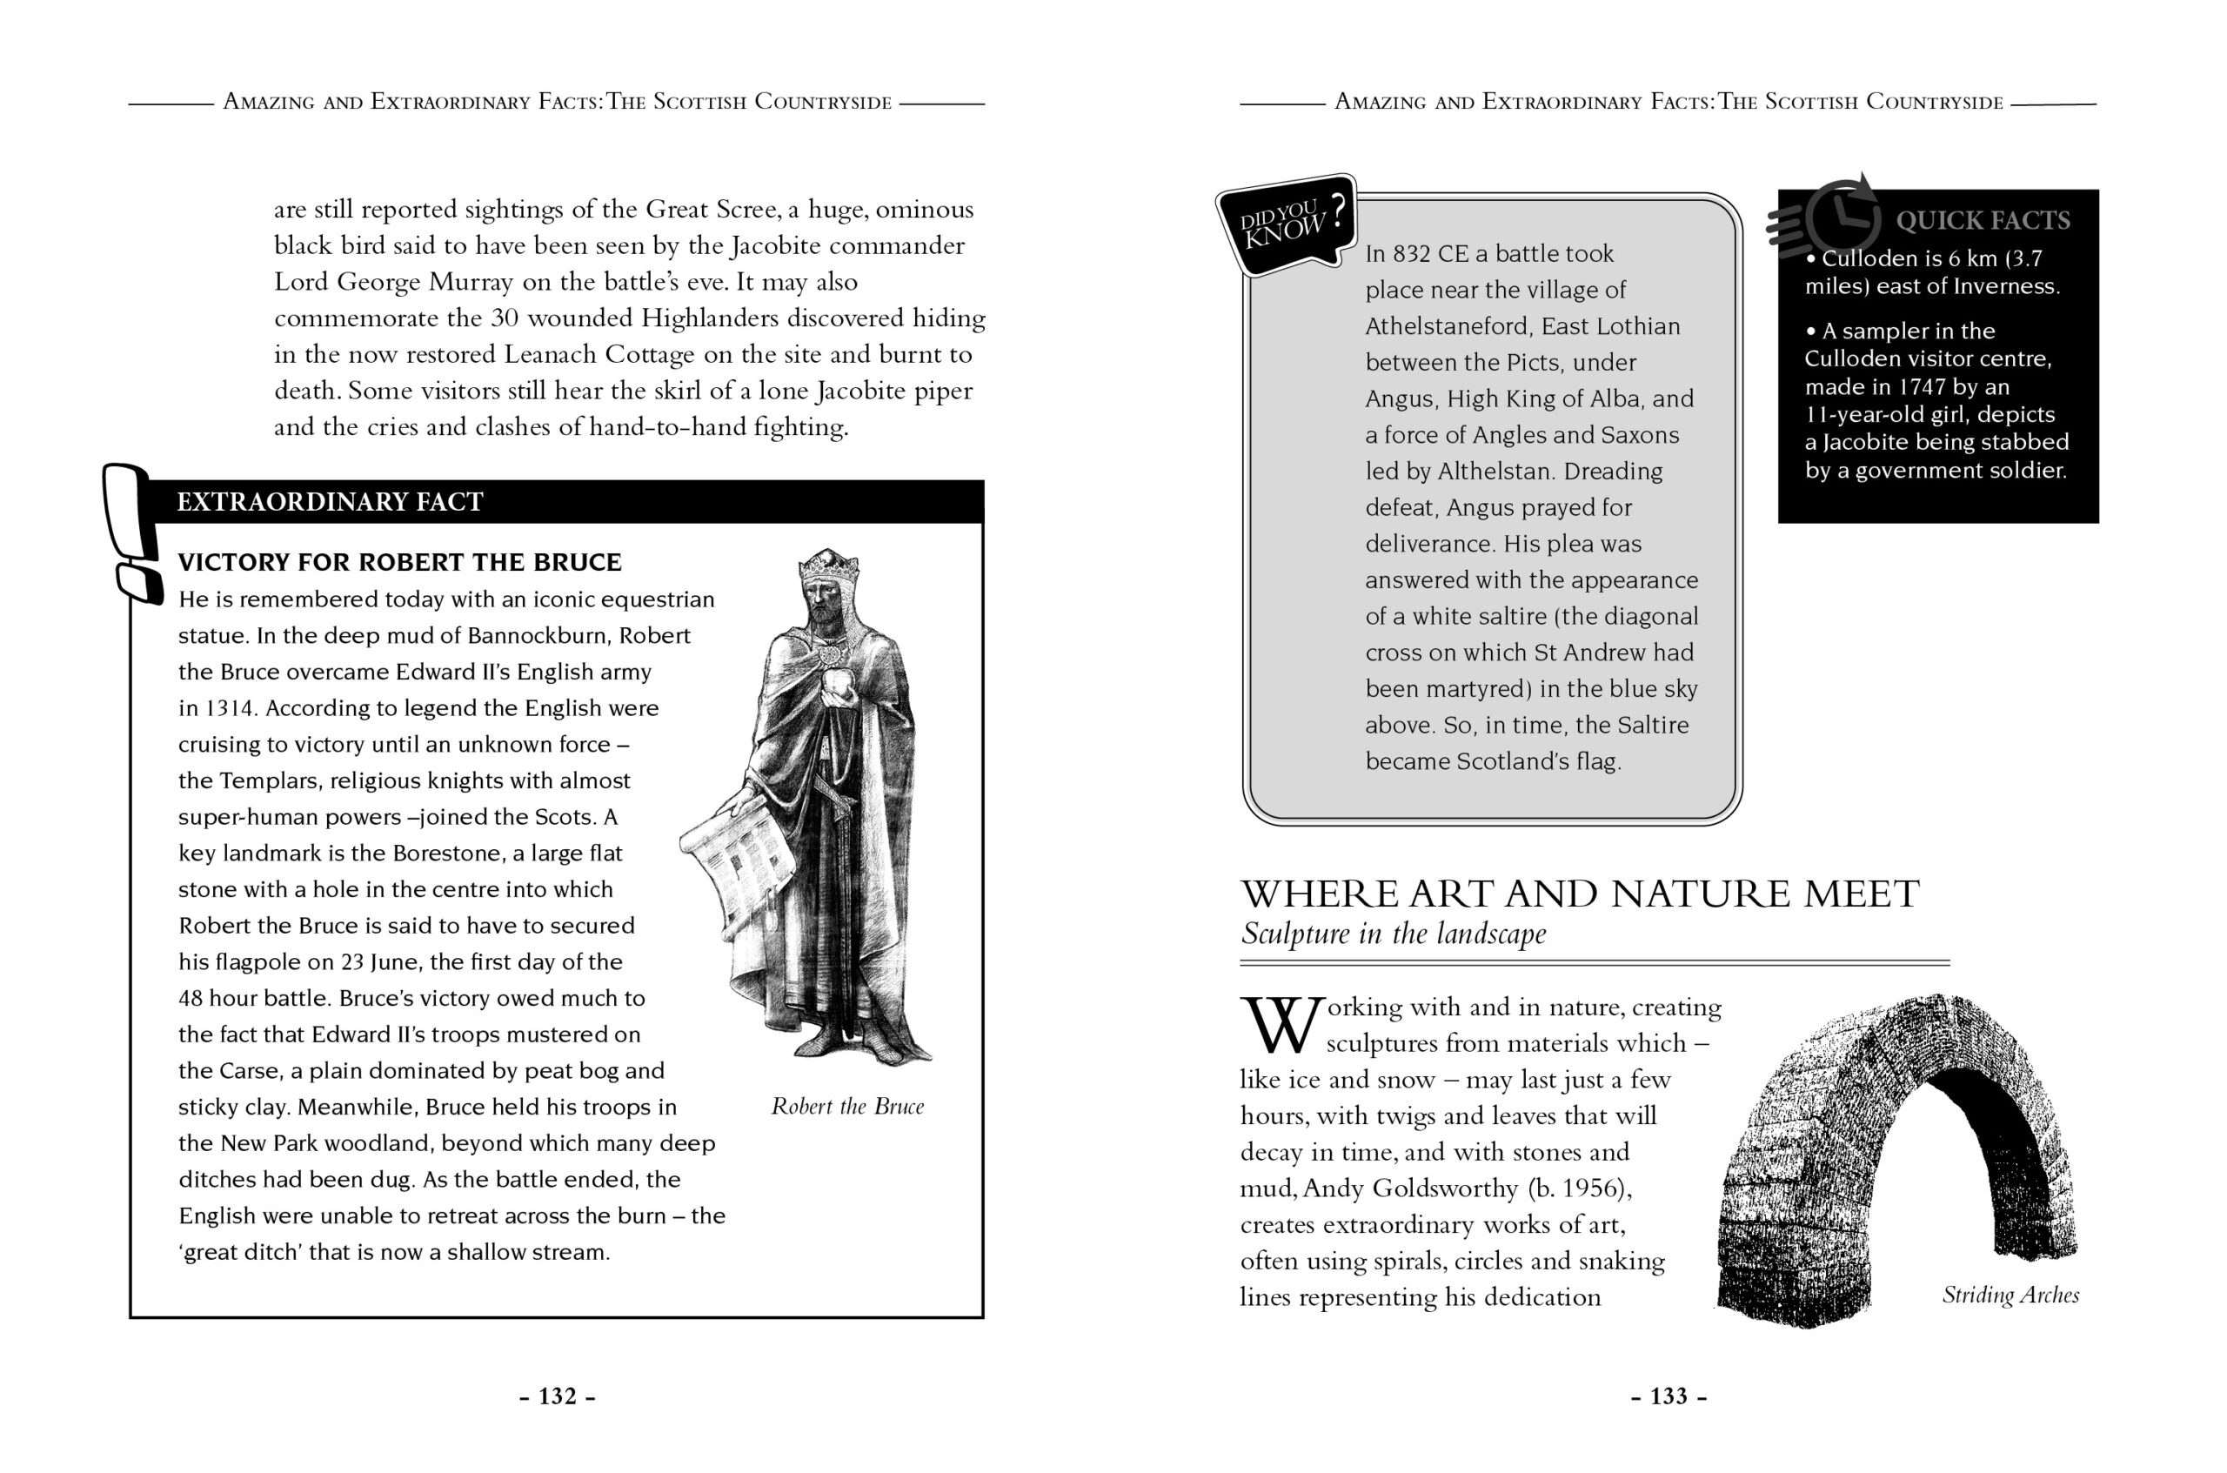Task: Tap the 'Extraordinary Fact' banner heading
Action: (x=330, y=502)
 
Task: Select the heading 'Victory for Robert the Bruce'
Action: (x=399, y=562)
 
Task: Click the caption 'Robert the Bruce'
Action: (x=847, y=1106)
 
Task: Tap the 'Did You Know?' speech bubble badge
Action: (x=1287, y=224)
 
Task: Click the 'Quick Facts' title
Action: (x=1982, y=221)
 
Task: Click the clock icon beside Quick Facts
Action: (x=1841, y=216)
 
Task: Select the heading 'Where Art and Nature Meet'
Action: (x=1579, y=894)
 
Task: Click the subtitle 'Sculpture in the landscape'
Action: (x=1393, y=934)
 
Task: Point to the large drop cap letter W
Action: (x=1281, y=1025)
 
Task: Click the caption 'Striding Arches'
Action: (x=2010, y=1295)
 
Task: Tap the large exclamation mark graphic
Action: (x=131, y=531)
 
